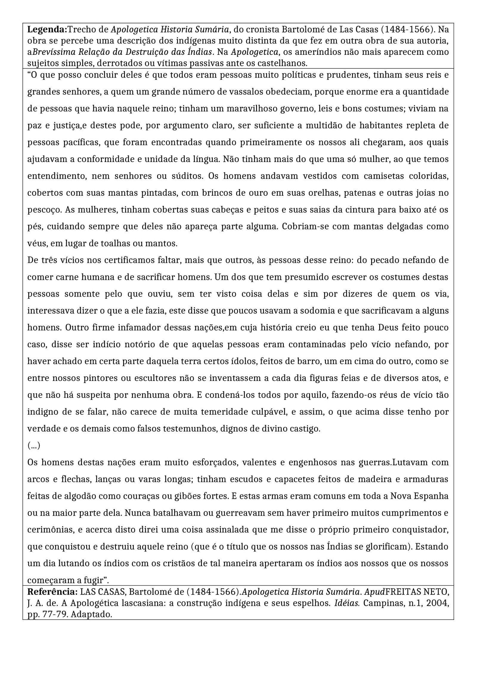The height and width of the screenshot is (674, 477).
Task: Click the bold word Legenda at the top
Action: click(47, 30)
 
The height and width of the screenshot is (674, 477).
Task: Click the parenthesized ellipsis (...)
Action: click(33, 446)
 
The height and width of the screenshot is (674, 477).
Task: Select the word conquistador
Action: click(423, 530)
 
